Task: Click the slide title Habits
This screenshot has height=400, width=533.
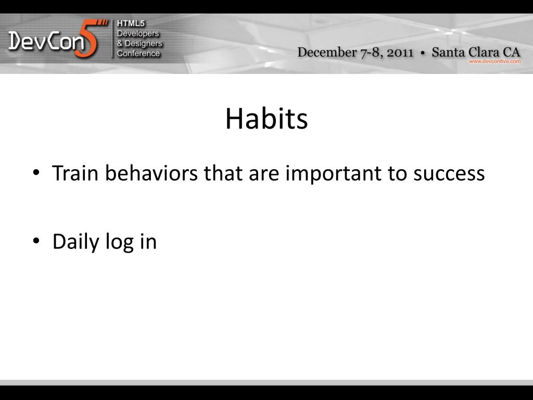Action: pos(266,118)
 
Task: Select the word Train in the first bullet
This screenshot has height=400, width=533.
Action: pos(75,173)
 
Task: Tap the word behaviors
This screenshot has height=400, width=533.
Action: pos(151,173)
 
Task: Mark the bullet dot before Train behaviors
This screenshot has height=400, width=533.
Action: pos(36,172)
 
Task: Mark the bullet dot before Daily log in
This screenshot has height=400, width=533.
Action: pos(36,241)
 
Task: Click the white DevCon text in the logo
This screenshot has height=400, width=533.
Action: pos(46,41)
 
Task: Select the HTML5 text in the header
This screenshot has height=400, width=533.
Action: pos(131,23)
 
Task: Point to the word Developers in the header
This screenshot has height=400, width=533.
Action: pos(138,34)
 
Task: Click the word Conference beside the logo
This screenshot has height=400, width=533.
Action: pos(138,54)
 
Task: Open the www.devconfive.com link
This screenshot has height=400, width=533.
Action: pos(494,61)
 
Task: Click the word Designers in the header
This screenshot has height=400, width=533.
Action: pos(144,44)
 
